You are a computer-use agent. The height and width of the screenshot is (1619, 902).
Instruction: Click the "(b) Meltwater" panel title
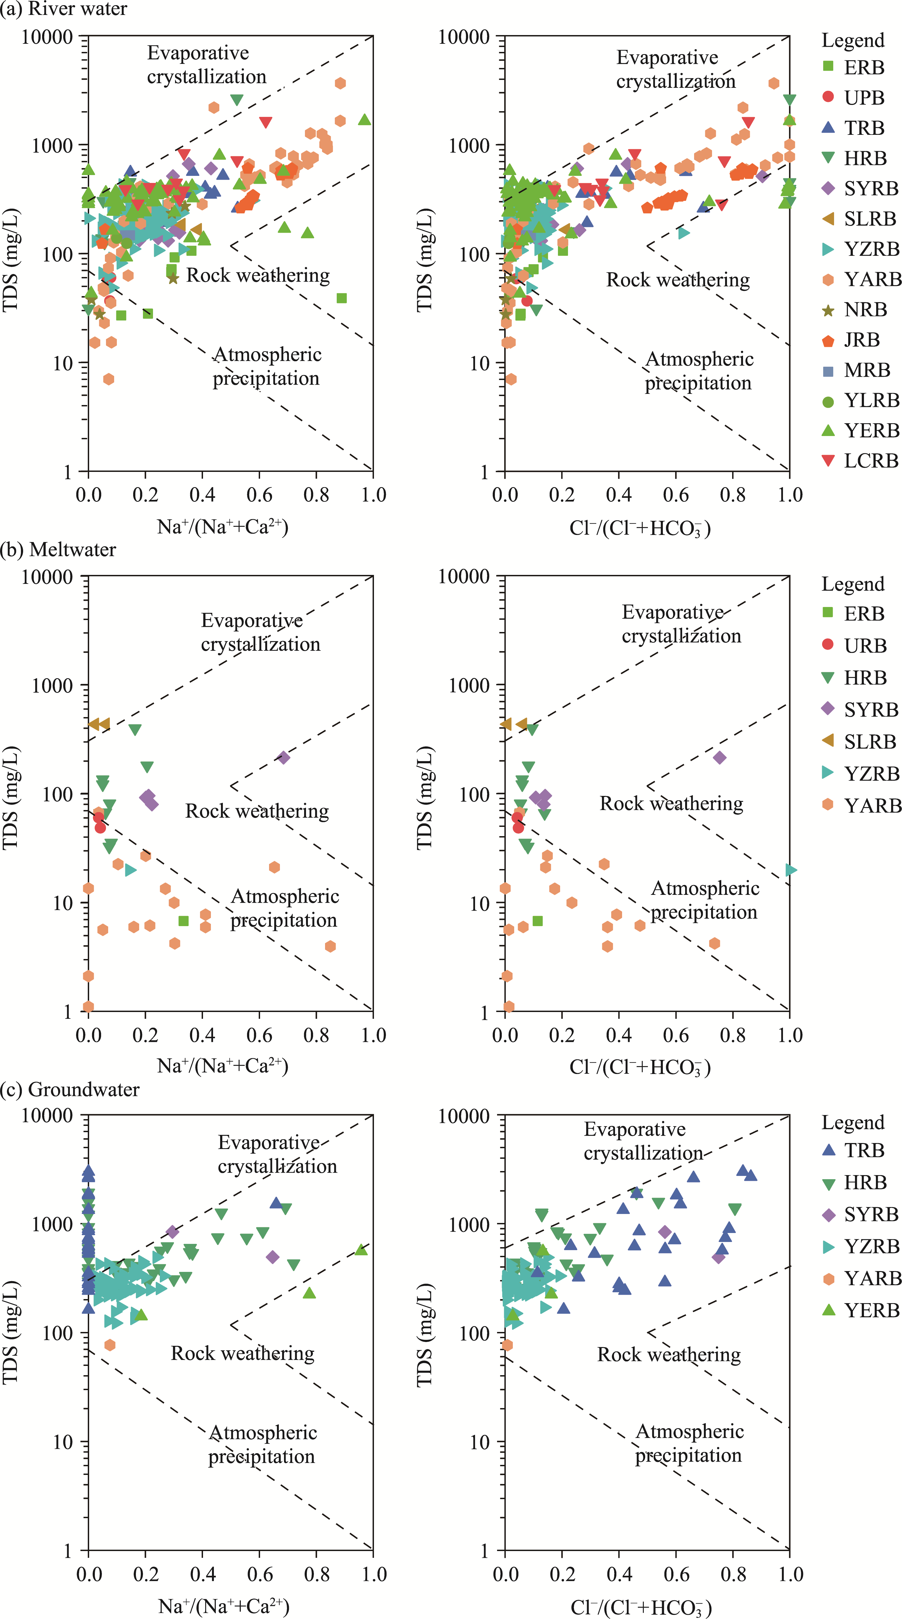click(x=58, y=550)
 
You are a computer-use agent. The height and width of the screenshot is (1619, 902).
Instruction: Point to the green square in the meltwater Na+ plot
click(x=183, y=921)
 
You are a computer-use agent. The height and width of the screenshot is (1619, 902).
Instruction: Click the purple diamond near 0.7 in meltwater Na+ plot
click(x=283, y=757)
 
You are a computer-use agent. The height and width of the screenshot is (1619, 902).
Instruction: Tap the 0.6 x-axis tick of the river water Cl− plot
click(x=676, y=495)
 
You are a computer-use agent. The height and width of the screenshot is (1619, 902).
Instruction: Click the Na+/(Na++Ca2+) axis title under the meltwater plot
click(x=223, y=1066)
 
